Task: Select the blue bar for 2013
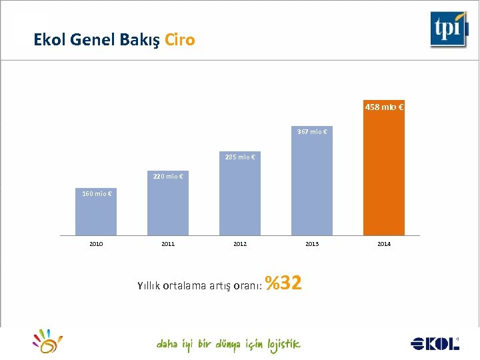pyautogui.click(x=312, y=187)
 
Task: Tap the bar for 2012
pyautogui.click(x=240, y=200)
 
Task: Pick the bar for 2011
pyautogui.click(x=168, y=210)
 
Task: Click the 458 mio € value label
pyautogui.click(x=384, y=107)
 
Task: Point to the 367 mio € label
pyautogui.click(x=312, y=132)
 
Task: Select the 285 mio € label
pyautogui.click(x=240, y=157)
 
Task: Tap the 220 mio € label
pyautogui.click(x=168, y=177)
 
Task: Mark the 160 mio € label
pyautogui.click(x=96, y=194)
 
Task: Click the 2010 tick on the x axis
pyautogui.click(x=96, y=244)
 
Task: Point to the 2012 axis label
pyautogui.click(x=240, y=244)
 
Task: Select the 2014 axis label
pyautogui.click(x=384, y=244)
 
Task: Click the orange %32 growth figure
pyautogui.click(x=284, y=283)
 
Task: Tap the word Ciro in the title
pyautogui.click(x=180, y=40)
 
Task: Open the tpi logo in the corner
pyautogui.click(x=449, y=29)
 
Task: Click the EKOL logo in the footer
pyautogui.click(x=435, y=343)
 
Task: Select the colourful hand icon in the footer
pyautogui.click(x=48, y=341)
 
